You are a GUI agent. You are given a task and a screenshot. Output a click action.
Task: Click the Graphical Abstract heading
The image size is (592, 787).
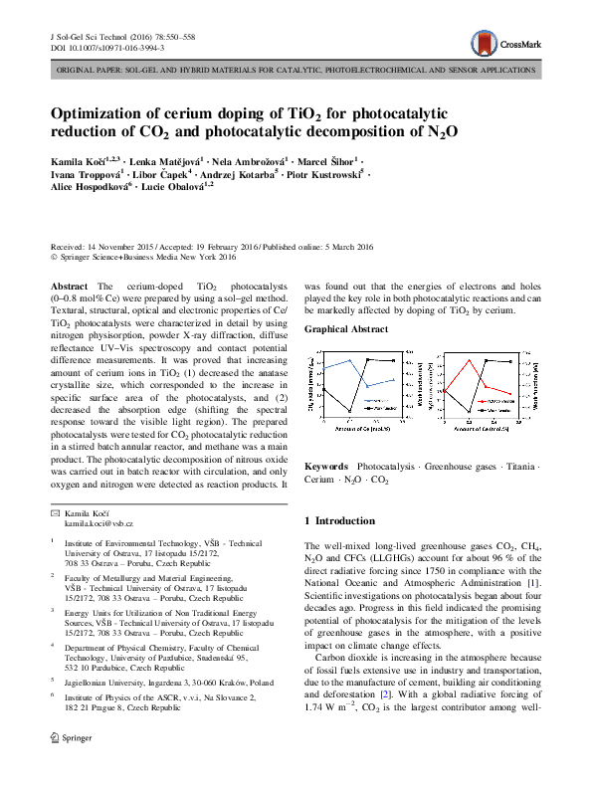click(346, 328)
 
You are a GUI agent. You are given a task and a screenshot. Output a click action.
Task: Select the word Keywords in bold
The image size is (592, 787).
click(325, 466)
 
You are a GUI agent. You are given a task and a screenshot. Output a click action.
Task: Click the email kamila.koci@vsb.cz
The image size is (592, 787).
click(99, 522)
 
